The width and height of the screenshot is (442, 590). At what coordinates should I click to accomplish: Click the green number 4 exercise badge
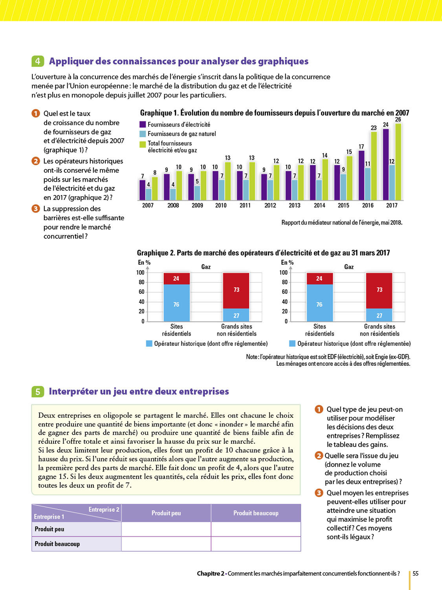click(37, 61)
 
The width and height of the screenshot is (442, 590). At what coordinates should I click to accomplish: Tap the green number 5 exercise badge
click(37, 391)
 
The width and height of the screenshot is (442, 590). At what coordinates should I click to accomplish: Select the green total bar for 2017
click(398, 162)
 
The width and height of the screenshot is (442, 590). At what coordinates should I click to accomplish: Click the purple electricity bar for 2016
click(361, 175)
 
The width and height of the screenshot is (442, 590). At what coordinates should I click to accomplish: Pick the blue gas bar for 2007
click(149, 194)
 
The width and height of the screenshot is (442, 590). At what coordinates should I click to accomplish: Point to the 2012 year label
click(270, 205)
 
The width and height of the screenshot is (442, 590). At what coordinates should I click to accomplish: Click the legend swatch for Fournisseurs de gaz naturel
click(143, 134)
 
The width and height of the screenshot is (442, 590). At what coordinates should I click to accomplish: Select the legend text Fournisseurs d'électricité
click(179, 125)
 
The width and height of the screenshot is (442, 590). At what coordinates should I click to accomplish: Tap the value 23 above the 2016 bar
click(374, 128)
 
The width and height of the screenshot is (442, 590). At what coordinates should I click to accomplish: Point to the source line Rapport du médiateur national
click(341, 223)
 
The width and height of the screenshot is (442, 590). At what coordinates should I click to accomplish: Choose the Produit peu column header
click(166, 513)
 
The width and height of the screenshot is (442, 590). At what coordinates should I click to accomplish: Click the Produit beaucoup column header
click(256, 513)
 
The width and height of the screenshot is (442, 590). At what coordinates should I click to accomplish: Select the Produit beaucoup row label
click(57, 544)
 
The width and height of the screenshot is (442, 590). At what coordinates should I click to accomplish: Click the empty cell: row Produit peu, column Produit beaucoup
click(256, 529)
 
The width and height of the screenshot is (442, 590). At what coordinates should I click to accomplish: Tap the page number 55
click(415, 573)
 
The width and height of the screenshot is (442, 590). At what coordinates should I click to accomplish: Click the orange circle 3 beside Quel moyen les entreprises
click(319, 493)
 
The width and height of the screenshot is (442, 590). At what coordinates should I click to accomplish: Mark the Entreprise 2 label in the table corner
click(104, 509)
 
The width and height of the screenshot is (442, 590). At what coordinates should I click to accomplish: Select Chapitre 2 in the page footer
click(211, 573)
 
